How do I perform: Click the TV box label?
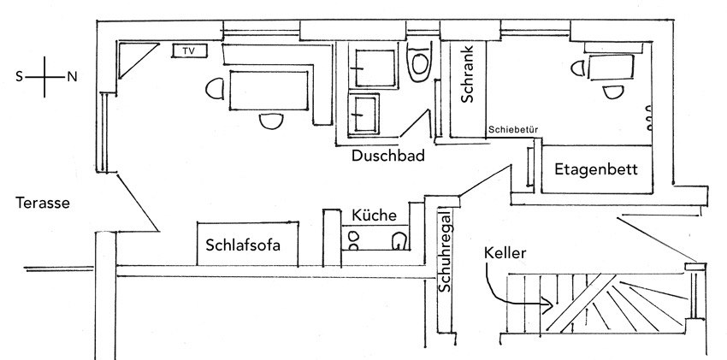(x=189, y=51)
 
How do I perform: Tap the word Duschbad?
(x=388, y=156)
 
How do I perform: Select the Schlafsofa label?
(x=243, y=245)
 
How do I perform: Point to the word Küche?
(x=374, y=215)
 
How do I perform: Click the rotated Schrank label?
(x=467, y=74)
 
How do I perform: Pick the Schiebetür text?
(x=513, y=130)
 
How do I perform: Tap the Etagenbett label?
(x=596, y=169)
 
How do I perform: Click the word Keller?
(x=505, y=253)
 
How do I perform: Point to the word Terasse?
(x=43, y=203)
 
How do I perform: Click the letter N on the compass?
(x=72, y=77)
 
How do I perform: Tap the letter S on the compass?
(x=19, y=77)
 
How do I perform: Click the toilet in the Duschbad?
(x=419, y=62)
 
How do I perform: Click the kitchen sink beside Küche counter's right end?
(x=399, y=241)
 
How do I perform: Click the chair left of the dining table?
(x=215, y=88)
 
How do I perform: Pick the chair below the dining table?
(x=271, y=121)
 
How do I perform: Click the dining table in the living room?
(x=269, y=91)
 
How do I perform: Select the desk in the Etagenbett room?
(x=611, y=68)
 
